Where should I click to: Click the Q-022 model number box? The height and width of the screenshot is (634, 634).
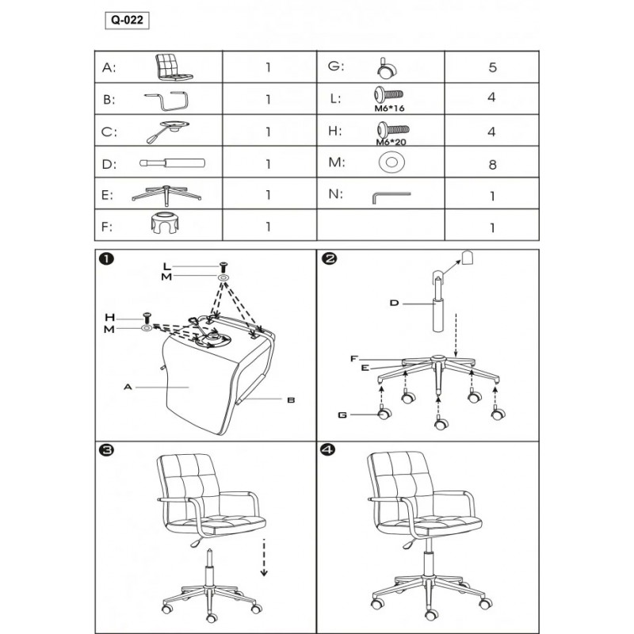point(127,21)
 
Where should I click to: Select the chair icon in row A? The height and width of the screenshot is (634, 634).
point(174,67)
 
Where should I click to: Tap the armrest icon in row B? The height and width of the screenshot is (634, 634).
point(166,101)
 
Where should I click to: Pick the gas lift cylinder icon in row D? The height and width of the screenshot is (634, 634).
point(172,163)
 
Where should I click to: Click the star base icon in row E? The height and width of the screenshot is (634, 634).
point(166,193)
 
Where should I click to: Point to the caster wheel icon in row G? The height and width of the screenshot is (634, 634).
point(387,67)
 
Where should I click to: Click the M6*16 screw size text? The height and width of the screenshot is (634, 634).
point(389,109)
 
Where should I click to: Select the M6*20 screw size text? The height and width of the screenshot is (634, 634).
point(391,142)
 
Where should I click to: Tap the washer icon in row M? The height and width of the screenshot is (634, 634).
point(391,162)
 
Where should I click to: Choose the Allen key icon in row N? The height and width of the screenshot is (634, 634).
point(391,197)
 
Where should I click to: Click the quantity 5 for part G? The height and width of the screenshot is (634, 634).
point(492,67)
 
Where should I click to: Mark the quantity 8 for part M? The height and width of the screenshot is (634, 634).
point(492,165)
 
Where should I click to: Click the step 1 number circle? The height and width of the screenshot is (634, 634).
point(106,259)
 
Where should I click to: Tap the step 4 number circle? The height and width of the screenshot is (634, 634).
point(327,449)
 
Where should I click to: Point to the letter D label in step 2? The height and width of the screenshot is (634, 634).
point(394,303)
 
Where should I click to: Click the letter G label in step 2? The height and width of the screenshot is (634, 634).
point(342,414)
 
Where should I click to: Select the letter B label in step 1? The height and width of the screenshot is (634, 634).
point(291,400)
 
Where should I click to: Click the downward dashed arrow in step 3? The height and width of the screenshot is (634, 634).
point(264,557)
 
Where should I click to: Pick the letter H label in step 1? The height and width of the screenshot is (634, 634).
point(110,318)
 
